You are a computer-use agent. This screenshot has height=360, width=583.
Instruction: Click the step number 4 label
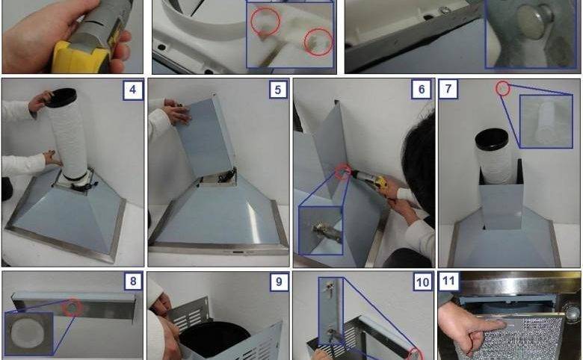(x=133, y=90)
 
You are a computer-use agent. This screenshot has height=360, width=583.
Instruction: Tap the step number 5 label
(x=279, y=90)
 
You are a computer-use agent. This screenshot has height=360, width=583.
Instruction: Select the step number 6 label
(x=422, y=90)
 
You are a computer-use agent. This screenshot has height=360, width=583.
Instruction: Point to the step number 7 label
(x=448, y=89)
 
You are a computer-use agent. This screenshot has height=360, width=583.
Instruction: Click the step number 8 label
(x=133, y=282)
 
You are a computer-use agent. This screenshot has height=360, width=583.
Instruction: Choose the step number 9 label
(x=279, y=282)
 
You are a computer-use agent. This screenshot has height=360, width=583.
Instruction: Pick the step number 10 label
(x=422, y=282)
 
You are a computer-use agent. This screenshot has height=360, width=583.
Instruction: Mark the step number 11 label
(x=448, y=282)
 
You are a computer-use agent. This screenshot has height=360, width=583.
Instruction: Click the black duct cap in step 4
(x=61, y=97)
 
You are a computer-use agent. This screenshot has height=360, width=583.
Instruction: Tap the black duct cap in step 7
(x=491, y=139)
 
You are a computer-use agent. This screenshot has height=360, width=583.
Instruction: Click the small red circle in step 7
(x=503, y=89)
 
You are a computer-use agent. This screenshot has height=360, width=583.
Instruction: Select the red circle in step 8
(x=73, y=308)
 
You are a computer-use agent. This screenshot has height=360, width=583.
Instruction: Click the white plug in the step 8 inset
(x=26, y=332)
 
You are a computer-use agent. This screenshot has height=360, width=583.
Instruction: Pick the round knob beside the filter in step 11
(x=573, y=312)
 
